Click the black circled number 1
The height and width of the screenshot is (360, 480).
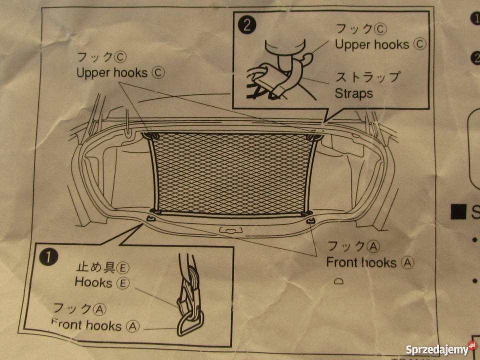pos(47,257)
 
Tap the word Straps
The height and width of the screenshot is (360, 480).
pos(353,93)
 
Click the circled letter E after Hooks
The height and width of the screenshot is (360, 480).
pos(123,283)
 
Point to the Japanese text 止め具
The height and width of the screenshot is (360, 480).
pos(95,267)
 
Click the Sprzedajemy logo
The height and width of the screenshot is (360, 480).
pos(440,348)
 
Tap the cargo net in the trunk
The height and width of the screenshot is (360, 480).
pos(232,172)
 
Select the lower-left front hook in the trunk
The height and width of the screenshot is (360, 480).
pos(151,218)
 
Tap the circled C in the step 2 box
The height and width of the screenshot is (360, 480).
pos(419,44)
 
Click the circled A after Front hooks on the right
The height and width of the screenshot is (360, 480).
pos(408,262)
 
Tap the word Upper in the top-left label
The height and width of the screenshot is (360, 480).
pos(93,73)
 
